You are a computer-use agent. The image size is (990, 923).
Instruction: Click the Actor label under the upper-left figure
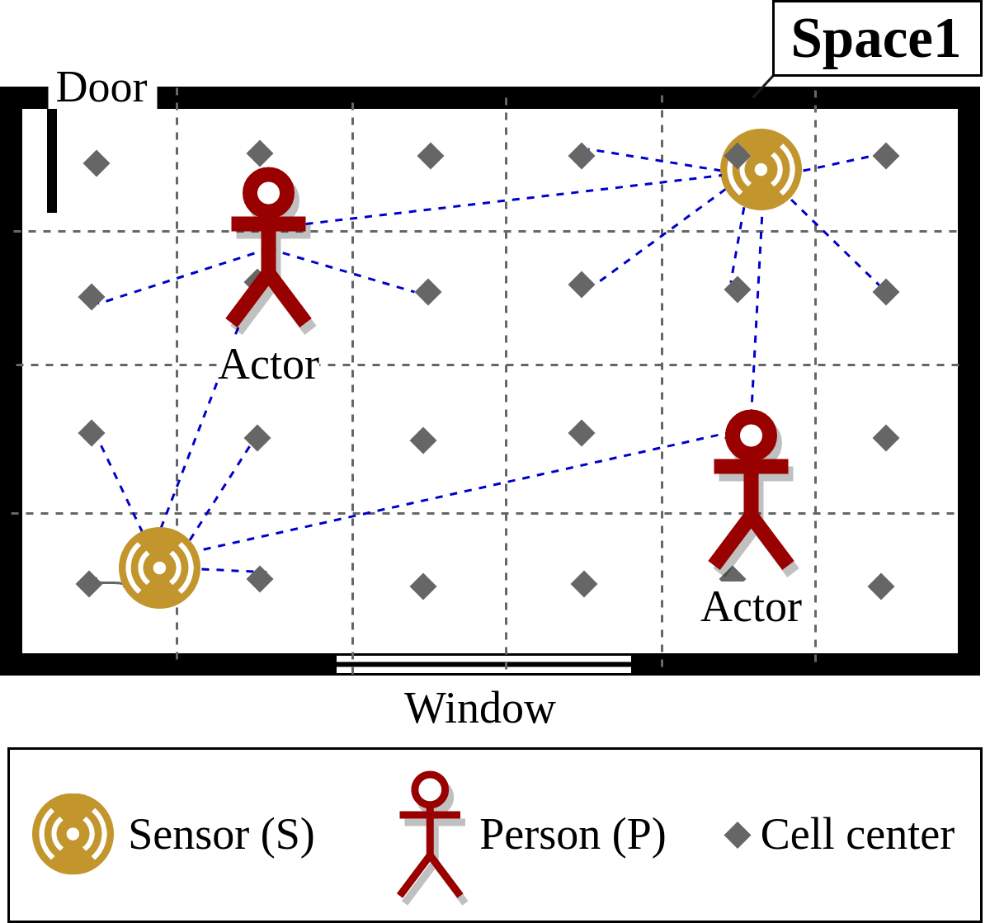[x=268, y=365]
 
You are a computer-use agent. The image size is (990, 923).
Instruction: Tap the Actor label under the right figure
[x=751, y=607]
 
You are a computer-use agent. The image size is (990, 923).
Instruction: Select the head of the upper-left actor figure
[x=268, y=193]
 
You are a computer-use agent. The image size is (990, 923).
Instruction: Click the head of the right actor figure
[x=751, y=436]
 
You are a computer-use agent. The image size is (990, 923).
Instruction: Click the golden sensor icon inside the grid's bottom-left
[x=159, y=567]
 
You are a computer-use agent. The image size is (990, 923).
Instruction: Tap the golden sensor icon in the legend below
[x=73, y=834]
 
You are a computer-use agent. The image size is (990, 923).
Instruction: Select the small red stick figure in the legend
[x=430, y=833]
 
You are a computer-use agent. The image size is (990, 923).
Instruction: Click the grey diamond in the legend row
[x=738, y=835]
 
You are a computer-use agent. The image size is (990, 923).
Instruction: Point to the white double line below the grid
[x=483, y=664]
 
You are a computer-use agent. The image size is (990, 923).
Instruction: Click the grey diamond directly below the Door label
[x=97, y=163]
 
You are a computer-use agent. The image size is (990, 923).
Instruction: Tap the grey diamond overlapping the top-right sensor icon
[x=737, y=155]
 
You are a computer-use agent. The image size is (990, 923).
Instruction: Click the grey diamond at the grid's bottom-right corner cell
[x=881, y=586]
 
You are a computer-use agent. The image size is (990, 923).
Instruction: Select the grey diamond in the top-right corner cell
[x=886, y=156]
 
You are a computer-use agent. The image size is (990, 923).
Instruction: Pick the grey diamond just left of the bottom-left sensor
[x=88, y=584]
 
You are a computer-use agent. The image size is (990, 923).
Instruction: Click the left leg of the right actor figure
[x=729, y=542]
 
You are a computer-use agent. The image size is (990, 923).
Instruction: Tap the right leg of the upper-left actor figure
[x=290, y=299]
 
